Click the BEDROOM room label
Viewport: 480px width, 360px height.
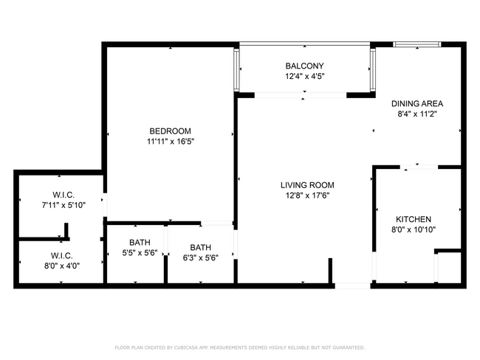[x=170, y=131]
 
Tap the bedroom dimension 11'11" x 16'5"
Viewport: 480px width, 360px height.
[x=170, y=141]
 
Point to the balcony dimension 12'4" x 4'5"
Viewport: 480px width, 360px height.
[x=304, y=76]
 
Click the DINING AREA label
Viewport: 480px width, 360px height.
[x=416, y=104]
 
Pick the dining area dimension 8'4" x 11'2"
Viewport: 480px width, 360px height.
[x=416, y=114]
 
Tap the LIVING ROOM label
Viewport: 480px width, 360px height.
[x=307, y=185]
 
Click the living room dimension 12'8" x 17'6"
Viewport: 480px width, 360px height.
[x=307, y=195]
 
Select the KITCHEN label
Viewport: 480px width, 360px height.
[x=414, y=219]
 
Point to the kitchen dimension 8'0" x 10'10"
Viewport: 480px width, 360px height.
[x=414, y=229]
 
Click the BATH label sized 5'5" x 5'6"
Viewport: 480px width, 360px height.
[x=140, y=242]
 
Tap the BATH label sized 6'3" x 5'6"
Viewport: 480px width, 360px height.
[x=200, y=247]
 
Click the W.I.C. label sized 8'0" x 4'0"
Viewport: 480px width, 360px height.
[x=58, y=255]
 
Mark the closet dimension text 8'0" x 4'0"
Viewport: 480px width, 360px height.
[x=58, y=265]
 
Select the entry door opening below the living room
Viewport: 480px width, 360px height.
[x=352, y=285]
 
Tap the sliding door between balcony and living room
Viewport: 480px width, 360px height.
[x=301, y=94]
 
